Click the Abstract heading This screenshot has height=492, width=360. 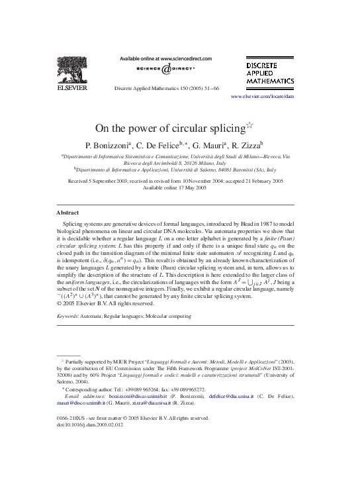click(x=68, y=213)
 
